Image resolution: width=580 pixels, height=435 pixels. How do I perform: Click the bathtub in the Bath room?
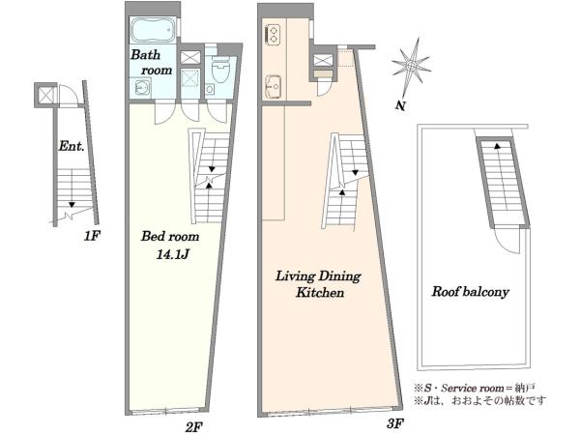(x=153, y=30)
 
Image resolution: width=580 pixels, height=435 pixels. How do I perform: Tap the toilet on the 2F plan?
(x=221, y=70)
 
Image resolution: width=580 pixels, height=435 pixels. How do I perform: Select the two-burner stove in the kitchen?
(x=274, y=34)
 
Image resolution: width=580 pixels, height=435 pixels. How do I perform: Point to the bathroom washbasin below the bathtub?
(x=142, y=88)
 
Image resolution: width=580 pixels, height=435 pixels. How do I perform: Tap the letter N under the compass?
(x=400, y=105)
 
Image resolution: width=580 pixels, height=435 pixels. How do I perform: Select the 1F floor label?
(x=92, y=236)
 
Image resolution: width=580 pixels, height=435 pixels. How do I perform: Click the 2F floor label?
(x=194, y=427)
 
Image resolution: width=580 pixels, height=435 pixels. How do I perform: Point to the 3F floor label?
(x=394, y=423)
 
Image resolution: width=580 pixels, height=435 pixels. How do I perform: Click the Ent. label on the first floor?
(x=72, y=146)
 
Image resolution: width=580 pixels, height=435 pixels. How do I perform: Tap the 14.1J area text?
(x=173, y=255)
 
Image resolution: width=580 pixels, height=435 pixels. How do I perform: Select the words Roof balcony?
(x=470, y=292)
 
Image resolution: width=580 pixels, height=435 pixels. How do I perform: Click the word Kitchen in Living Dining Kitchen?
(x=320, y=293)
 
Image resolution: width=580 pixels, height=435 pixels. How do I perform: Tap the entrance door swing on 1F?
(x=70, y=95)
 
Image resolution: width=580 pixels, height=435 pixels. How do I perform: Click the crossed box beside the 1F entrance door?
(x=45, y=95)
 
